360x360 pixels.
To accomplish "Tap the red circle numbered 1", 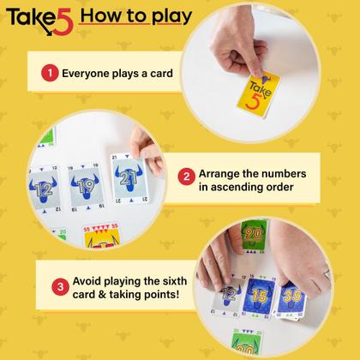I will [49, 75].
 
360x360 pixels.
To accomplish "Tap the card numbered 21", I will [127, 178].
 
